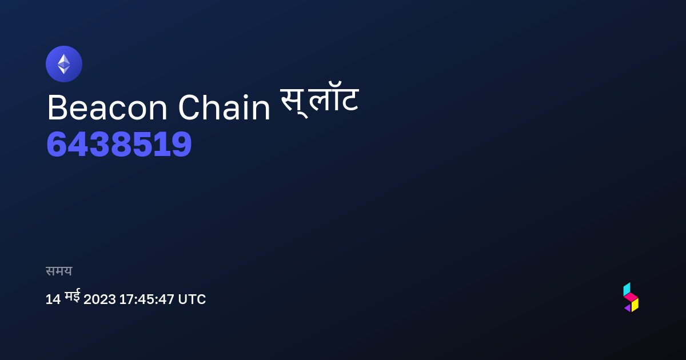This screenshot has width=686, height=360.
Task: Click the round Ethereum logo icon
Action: coord(64,64)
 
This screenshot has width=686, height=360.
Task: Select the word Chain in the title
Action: coord(224,108)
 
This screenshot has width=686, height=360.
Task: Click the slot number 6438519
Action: coord(119,144)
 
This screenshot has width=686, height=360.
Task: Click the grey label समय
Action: coord(59,271)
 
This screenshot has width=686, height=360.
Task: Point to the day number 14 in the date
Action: coord(53,299)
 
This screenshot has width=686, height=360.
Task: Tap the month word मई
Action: coord(72,296)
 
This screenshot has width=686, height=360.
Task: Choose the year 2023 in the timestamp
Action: coord(99,299)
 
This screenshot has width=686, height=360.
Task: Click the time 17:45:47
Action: coord(147,299)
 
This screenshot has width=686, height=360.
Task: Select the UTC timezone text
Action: coord(192,299)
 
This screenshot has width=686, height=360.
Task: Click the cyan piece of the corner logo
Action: coord(627,289)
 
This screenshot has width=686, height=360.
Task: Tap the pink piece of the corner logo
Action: coord(631,297)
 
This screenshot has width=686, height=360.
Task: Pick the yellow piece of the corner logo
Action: coord(635,305)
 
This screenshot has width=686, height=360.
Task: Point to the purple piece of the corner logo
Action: coord(628,308)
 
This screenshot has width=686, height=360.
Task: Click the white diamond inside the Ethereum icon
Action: coord(64,64)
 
